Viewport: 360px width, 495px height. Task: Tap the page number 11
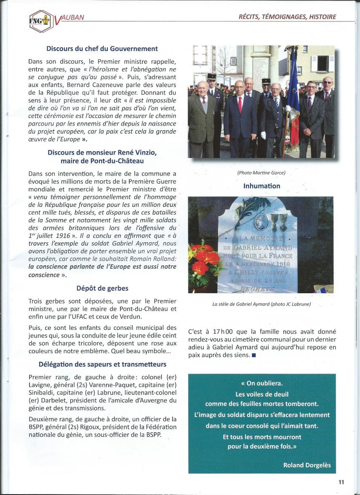pos(341,483)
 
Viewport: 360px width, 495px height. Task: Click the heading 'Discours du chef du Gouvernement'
pos(102,49)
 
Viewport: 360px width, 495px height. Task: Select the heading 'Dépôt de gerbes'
pos(102,288)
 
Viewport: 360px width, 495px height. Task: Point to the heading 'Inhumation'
pos(261,186)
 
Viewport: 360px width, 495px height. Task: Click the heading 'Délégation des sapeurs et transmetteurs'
pos(102,364)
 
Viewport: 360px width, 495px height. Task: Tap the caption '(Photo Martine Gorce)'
pos(261,172)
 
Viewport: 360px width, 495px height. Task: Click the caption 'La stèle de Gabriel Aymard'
pos(261,304)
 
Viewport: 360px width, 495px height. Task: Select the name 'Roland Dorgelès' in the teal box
pos(307,465)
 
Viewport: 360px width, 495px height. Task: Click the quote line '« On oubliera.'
pos(261,384)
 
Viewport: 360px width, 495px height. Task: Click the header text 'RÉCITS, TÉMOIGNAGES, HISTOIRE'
pos(288,17)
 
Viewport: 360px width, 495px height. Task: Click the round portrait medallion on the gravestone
pos(261,221)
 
